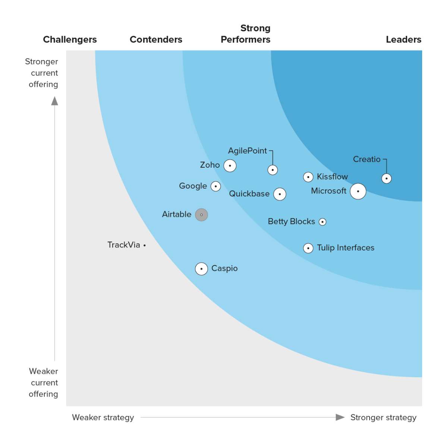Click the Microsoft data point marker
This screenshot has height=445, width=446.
[x=358, y=191]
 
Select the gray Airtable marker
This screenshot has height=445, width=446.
[x=201, y=215]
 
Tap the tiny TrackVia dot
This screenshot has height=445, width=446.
[x=145, y=245]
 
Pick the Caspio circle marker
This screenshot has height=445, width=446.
[x=201, y=269]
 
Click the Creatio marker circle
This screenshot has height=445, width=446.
[x=386, y=179]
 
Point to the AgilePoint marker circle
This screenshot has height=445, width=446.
[x=273, y=170]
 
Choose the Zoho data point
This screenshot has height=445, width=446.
[x=230, y=165]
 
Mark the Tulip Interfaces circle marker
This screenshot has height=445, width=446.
[x=308, y=248]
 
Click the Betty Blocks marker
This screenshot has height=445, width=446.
[x=323, y=222]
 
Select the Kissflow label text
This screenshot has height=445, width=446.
[x=332, y=176]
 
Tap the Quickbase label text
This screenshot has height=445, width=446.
[x=249, y=194]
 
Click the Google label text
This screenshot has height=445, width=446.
[x=193, y=186]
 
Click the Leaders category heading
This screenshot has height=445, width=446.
[x=403, y=40]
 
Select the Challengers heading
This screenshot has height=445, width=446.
[x=70, y=40]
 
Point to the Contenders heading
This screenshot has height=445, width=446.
[x=156, y=40]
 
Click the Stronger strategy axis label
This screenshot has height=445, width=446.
[x=383, y=417]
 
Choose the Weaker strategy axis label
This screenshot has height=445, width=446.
[x=103, y=417]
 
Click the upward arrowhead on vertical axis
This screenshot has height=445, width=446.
[x=55, y=101]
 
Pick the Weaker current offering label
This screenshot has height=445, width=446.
[x=44, y=382]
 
